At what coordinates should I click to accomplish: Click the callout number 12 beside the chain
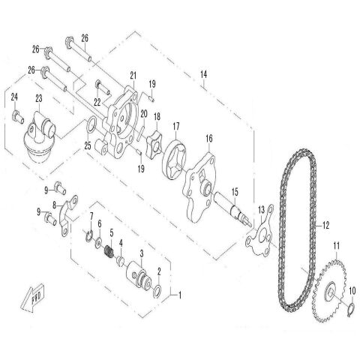coord(325,224)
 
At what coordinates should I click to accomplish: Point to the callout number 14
coord(202,73)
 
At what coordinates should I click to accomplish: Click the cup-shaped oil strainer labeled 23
coord(37,146)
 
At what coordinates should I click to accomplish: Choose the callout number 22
coord(97,102)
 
